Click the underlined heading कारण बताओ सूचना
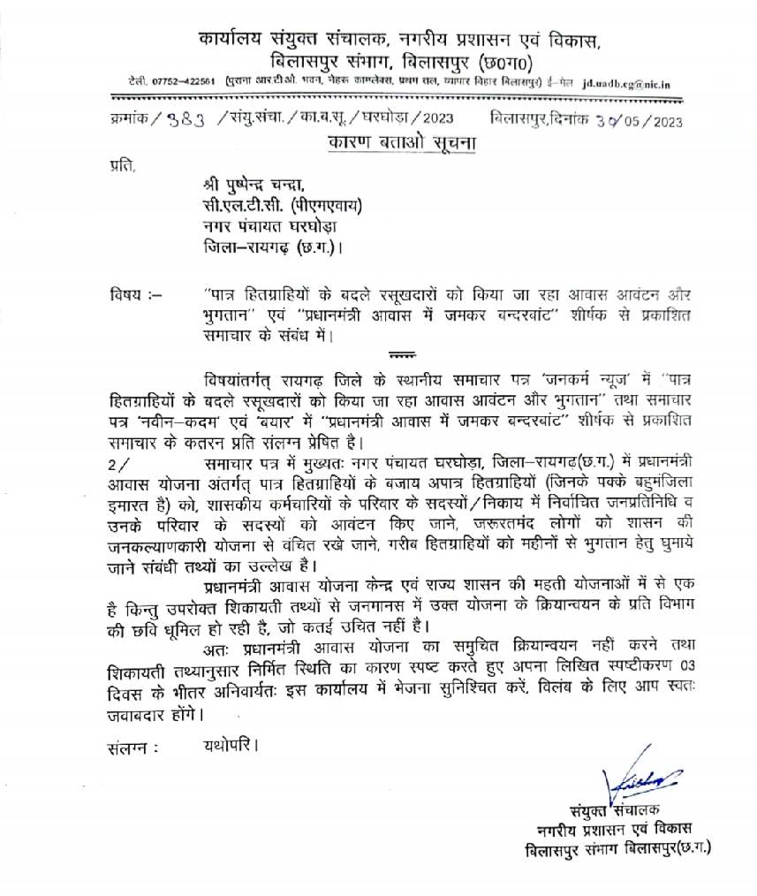point(389,142)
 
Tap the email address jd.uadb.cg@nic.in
point(626,84)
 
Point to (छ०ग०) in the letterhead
point(511,63)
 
